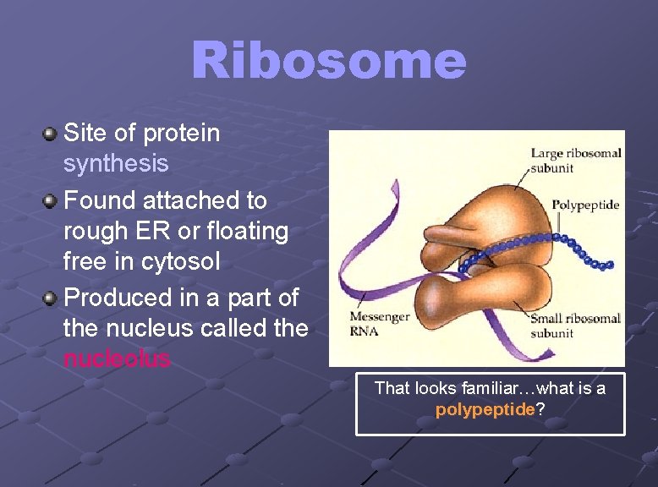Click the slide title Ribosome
pos(328,61)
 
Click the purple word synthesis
pos(116,163)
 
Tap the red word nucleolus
pos(117,359)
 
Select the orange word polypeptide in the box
pos(485,410)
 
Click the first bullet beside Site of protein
pos(51,134)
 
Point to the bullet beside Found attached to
pos(51,201)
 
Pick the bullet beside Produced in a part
pos(51,298)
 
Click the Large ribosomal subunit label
pos(575,161)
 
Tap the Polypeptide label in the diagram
pos(585,205)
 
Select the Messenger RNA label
pos(379,324)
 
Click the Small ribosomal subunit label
pos(575,326)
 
